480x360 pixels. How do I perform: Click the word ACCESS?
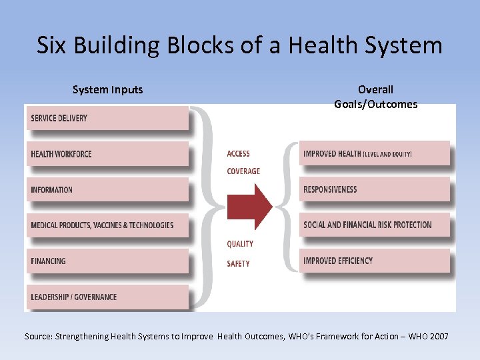coord(238,154)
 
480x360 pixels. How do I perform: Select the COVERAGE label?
coord(243,171)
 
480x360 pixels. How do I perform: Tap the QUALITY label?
coord(240,244)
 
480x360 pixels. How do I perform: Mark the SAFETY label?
coord(238,264)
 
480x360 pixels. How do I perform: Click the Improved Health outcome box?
coord(374,154)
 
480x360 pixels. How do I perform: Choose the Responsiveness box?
coord(374,189)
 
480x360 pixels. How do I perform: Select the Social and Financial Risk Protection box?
coord(374,225)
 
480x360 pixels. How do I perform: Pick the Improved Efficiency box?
coord(374,261)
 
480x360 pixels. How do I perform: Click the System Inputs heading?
coord(107,89)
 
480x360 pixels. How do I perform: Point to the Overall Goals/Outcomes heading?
coord(375,97)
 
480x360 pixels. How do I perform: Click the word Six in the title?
coord(51,45)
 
